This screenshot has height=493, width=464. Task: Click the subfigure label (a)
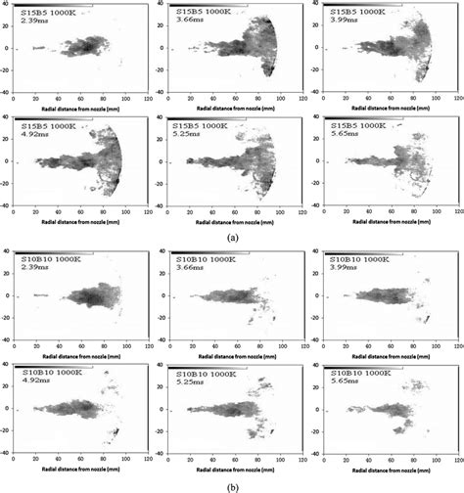coord(231,237)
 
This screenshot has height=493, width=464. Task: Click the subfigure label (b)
coord(231,484)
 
